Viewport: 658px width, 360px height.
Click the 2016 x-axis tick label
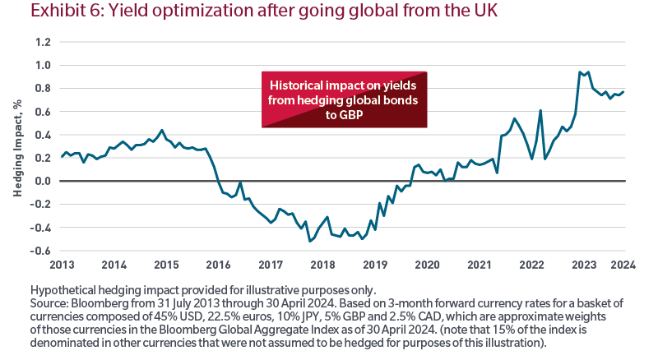coord(218,265)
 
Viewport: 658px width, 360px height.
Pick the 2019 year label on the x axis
coord(375,265)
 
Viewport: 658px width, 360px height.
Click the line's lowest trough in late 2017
coord(309,241)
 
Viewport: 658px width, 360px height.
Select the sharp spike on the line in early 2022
coord(540,110)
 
